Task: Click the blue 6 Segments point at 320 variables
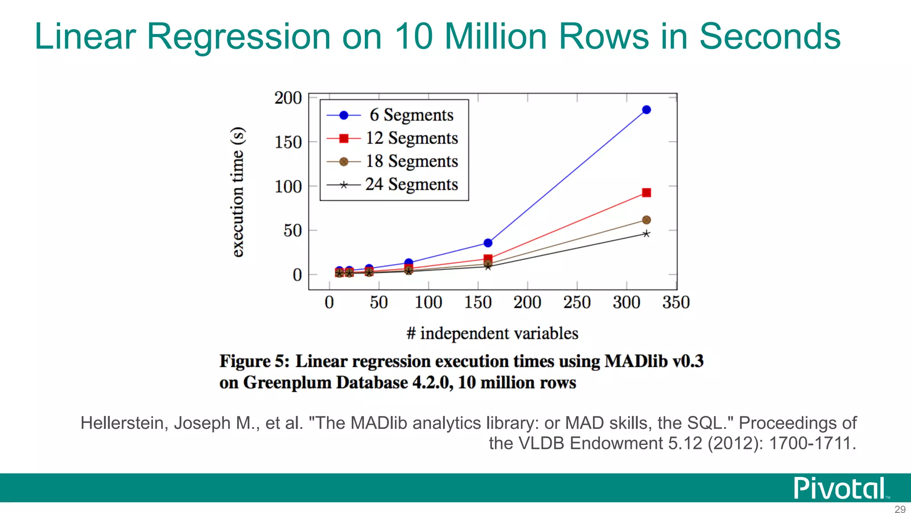(646, 110)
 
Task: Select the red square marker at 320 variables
(646, 193)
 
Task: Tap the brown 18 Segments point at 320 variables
(646, 220)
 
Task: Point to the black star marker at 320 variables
(646, 234)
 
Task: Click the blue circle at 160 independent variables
(488, 243)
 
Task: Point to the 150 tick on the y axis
(288, 142)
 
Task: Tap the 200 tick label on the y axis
(288, 98)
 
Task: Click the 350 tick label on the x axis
(676, 303)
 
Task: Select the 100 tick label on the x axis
(428, 303)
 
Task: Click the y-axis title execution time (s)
(238, 192)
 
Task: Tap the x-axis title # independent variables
(492, 334)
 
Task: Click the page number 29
(900, 509)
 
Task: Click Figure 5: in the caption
(254, 361)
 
